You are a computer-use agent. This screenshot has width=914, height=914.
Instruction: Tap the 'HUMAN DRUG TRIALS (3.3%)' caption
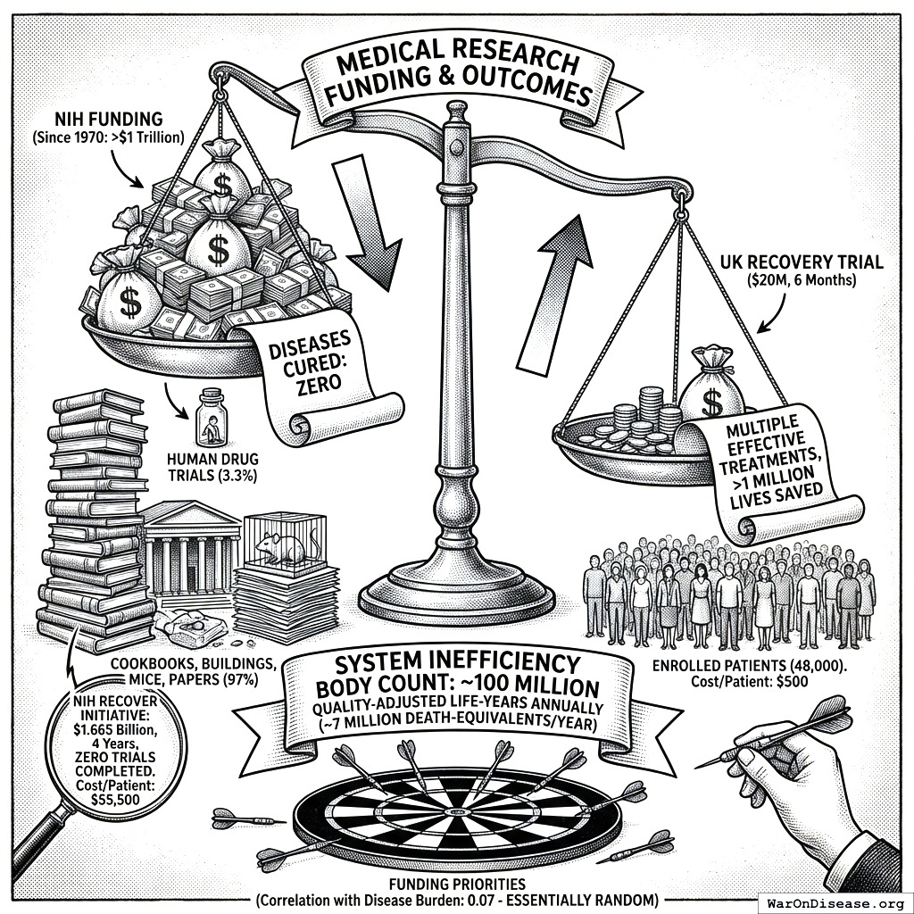click(212, 467)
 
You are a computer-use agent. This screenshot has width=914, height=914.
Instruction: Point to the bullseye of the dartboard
click(457, 810)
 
